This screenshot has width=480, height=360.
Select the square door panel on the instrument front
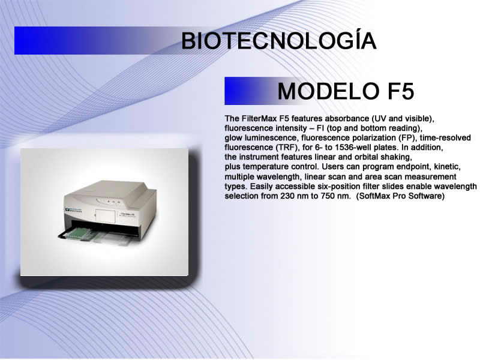click(105, 216)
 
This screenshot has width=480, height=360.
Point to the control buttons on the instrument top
click(113, 202)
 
